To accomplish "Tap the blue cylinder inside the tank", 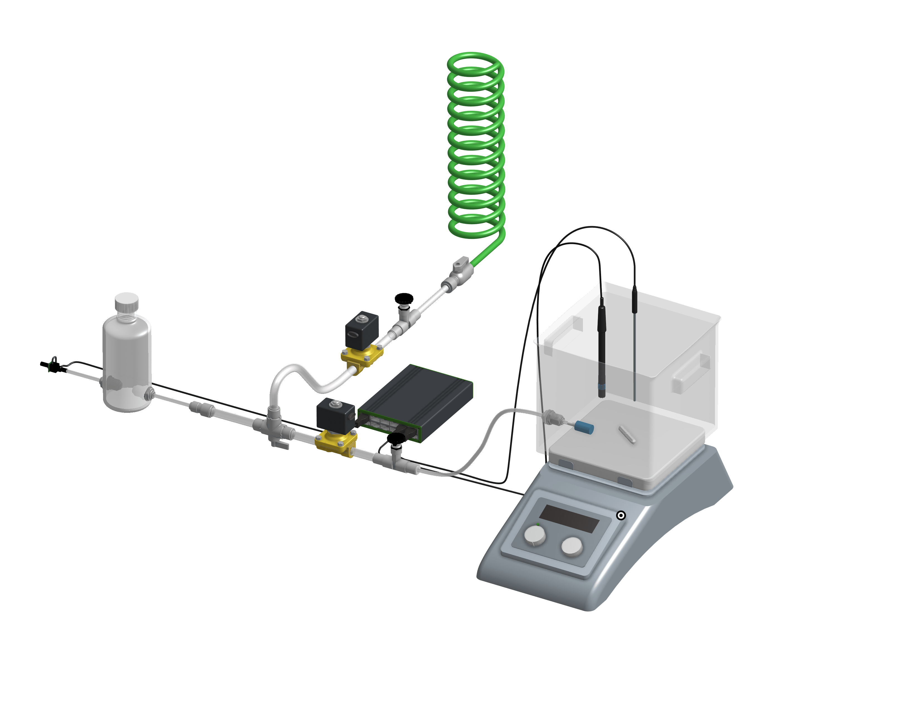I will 584,427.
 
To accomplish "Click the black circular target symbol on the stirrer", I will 621,515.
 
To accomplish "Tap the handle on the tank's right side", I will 690,372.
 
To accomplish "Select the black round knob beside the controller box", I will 396,439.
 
